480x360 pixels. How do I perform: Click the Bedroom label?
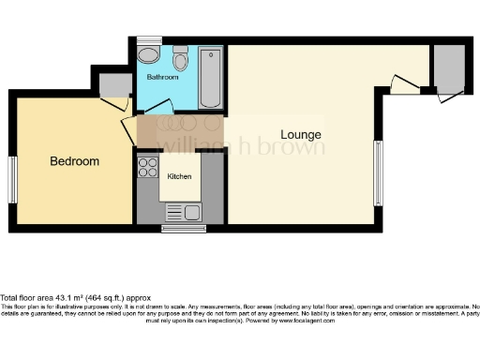click(x=74, y=161)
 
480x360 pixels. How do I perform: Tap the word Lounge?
click(x=301, y=135)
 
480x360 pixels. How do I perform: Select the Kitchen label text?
click(x=179, y=176)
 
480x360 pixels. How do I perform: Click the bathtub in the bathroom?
click(x=210, y=76)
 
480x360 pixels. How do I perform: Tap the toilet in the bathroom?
click(x=181, y=61)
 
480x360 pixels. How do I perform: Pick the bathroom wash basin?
click(x=148, y=54)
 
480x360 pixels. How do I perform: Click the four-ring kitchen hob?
click(x=148, y=167)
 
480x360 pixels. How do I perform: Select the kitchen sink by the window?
click(x=184, y=213)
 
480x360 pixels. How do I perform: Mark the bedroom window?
click(x=13, y=179)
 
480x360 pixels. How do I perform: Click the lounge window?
click(x=378, y=172)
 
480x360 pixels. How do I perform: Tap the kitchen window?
click(x=184, y=228)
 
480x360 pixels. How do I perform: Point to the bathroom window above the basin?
click(x=148, y=40)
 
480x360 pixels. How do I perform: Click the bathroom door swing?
click(x=159, y=106)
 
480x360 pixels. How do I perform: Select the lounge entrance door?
click(x=404, y=87)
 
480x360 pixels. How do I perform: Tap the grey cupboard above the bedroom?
click(x=116, y=86)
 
